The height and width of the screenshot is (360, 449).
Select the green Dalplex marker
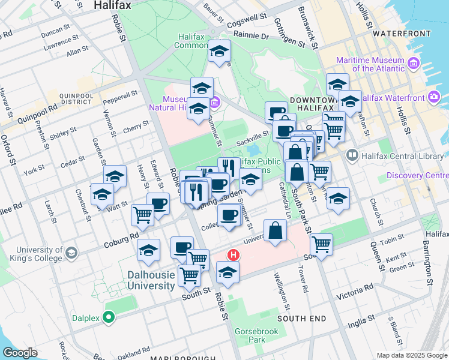[x=109, y=316]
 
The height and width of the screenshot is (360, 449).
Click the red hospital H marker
[x=234, y=254]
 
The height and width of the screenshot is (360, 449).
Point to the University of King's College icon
[x=72, y=253]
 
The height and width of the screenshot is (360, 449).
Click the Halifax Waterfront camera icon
[x=434, y=97]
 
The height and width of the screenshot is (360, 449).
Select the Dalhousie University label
[x=151, y=280]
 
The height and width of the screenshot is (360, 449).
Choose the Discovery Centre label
[x=417, y=175]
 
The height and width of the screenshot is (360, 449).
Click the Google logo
[x=20, y=353]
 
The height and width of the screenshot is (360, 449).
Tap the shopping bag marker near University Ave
[x=275, y=230]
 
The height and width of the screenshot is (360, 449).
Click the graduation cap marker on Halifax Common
[x=220, y=52]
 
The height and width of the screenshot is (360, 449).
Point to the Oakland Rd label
[x=134, y=352]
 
